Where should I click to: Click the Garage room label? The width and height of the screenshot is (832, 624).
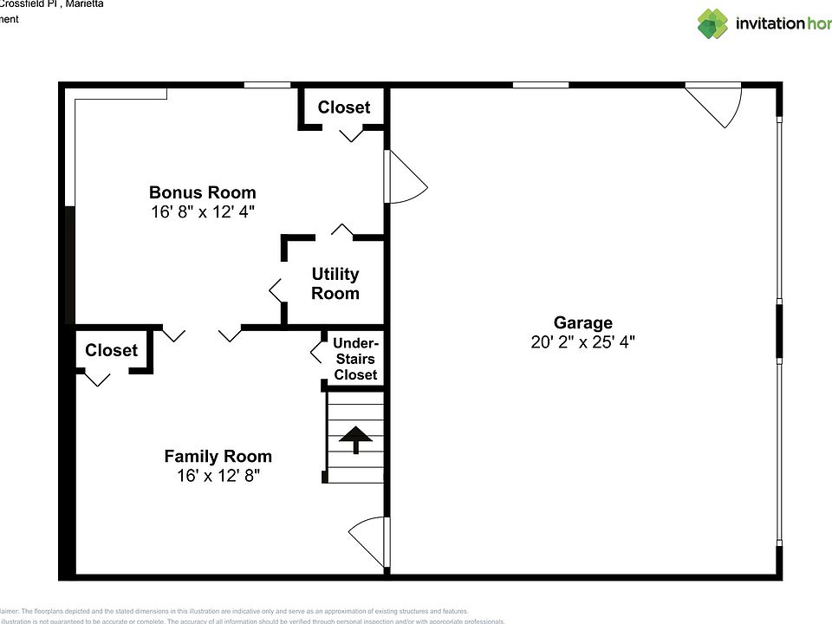[583, 323]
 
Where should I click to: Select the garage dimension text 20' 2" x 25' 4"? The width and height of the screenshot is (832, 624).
[583, 342]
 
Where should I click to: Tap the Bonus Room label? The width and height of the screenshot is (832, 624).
[203, 192]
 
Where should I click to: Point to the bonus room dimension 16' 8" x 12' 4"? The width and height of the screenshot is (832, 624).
[203, 211]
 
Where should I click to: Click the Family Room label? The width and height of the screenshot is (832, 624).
[218, 456]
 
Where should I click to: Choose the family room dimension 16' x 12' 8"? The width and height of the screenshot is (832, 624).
[218, 476]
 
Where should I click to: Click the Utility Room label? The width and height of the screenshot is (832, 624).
[335, 283]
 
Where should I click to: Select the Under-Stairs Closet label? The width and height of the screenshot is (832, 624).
[355, 359]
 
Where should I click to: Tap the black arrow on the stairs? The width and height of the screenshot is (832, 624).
[354, 439]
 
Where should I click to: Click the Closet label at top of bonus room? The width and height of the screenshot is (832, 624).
[343, 107]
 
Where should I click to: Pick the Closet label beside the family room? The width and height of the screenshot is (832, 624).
[111, 350]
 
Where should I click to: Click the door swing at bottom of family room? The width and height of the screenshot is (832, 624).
[368, 541]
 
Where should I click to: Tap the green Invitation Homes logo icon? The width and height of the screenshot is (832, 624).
[713, 23]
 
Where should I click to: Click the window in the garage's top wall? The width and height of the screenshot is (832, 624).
[540, 85]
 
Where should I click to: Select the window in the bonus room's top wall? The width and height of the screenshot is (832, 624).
[266, 85]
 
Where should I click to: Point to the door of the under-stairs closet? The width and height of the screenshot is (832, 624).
[317, 351]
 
